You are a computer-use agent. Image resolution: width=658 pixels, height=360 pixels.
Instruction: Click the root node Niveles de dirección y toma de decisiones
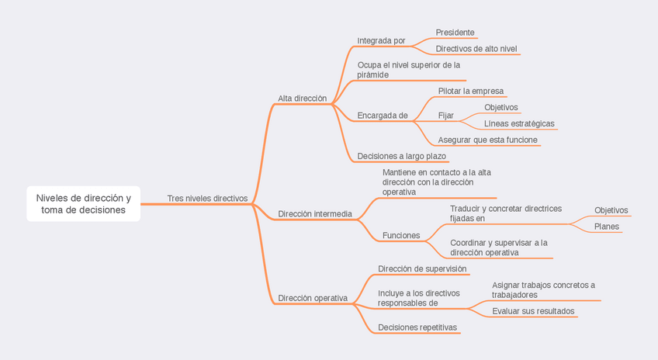click(83, 203)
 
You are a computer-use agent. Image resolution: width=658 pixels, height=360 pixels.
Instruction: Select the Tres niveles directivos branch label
click(207, 198)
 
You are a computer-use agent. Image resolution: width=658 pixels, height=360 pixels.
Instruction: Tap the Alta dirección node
click(302, 99)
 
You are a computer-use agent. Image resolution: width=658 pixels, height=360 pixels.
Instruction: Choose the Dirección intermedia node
click(314, 213)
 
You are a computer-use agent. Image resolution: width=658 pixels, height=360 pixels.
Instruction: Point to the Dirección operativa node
click(313, 298)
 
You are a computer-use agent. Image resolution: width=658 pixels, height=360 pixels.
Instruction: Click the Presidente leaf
click(455, 33)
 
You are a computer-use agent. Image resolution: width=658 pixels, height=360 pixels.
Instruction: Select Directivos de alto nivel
click(476, 49)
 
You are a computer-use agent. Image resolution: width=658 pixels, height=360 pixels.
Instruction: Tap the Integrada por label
click(381, 40)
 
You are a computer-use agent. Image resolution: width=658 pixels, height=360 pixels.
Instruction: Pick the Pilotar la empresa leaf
click(470, 91)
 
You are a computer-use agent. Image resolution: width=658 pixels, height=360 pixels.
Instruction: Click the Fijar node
click(445, 116)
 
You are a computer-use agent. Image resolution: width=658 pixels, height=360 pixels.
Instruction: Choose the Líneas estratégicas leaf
click(519, 123)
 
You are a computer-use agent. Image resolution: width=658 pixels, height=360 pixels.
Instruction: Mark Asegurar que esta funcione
click(487, 140)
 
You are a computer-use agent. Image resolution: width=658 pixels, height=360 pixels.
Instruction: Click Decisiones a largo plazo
click(401, 156)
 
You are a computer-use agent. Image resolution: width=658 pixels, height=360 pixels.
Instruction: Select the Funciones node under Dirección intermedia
click(401, 235)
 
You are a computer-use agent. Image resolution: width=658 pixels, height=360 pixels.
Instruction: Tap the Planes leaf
click(606, 227)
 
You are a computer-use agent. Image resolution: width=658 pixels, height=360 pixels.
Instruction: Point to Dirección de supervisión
click(422, 268)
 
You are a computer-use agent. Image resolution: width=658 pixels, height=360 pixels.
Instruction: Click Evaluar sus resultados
click(533, 311)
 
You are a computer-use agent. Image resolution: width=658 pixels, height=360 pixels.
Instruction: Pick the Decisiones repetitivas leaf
click(417, 327)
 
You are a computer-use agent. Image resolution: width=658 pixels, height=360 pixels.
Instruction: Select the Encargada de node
click(382, 116)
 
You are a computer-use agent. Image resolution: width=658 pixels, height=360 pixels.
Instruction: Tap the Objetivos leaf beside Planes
click(611, 210)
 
